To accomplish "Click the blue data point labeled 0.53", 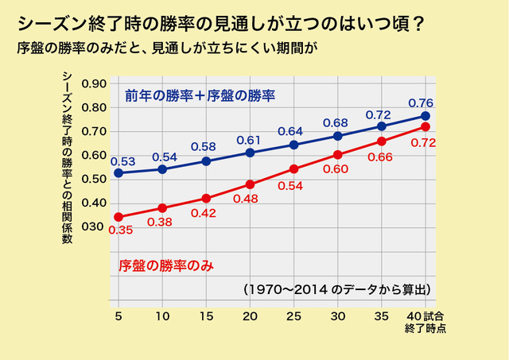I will pyautogui.click(x=119, y=173).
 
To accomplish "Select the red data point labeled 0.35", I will pyautogui.click(x=119, y=217).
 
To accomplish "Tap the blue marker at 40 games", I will pyautogui.click(x=425, y=116).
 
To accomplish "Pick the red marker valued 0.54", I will pyautogui.click(x=294, y=169).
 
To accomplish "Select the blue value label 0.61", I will pyautogui.click(x=249, y=140).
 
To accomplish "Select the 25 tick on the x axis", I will pyautogui.click(x=294, y=315).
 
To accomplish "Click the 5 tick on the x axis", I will pyautogui.click(x=119, y=315).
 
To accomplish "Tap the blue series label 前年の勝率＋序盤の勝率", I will pyautogui.click(x=200, y=96).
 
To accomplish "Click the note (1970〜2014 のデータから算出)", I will pyautogui.click(x=337, y=288).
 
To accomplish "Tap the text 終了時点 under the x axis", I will pyautogui.click(x=425, y=327).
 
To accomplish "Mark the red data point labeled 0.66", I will pyautogui.click(x=382, y=141).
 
